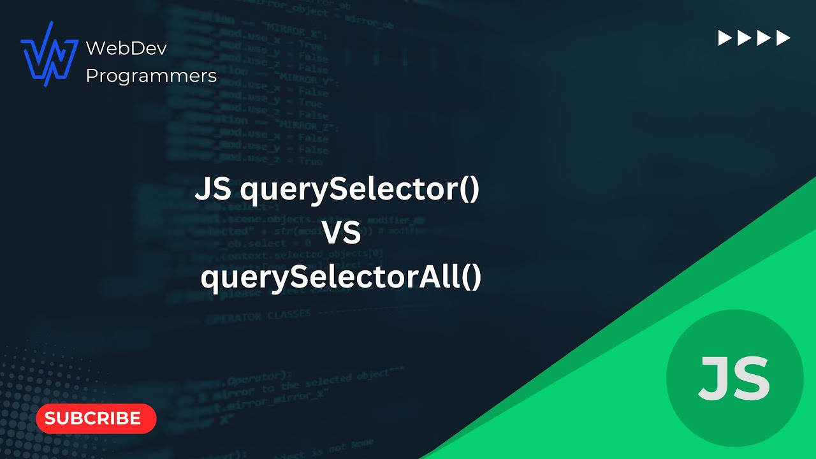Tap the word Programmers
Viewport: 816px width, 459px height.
(151, 76)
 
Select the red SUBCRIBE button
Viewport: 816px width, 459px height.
(96, 418)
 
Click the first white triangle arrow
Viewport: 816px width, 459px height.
(725, 38)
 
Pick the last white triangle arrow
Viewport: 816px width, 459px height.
(783, 38)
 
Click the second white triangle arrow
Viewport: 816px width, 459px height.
(745, 38)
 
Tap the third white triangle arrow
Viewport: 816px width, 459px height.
(764, 38)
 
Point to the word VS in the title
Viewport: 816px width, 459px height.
(342, 234)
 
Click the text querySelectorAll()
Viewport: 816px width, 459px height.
(341, 278)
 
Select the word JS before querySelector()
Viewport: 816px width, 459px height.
(214, 190)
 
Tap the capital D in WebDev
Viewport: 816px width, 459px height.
(131, 48)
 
